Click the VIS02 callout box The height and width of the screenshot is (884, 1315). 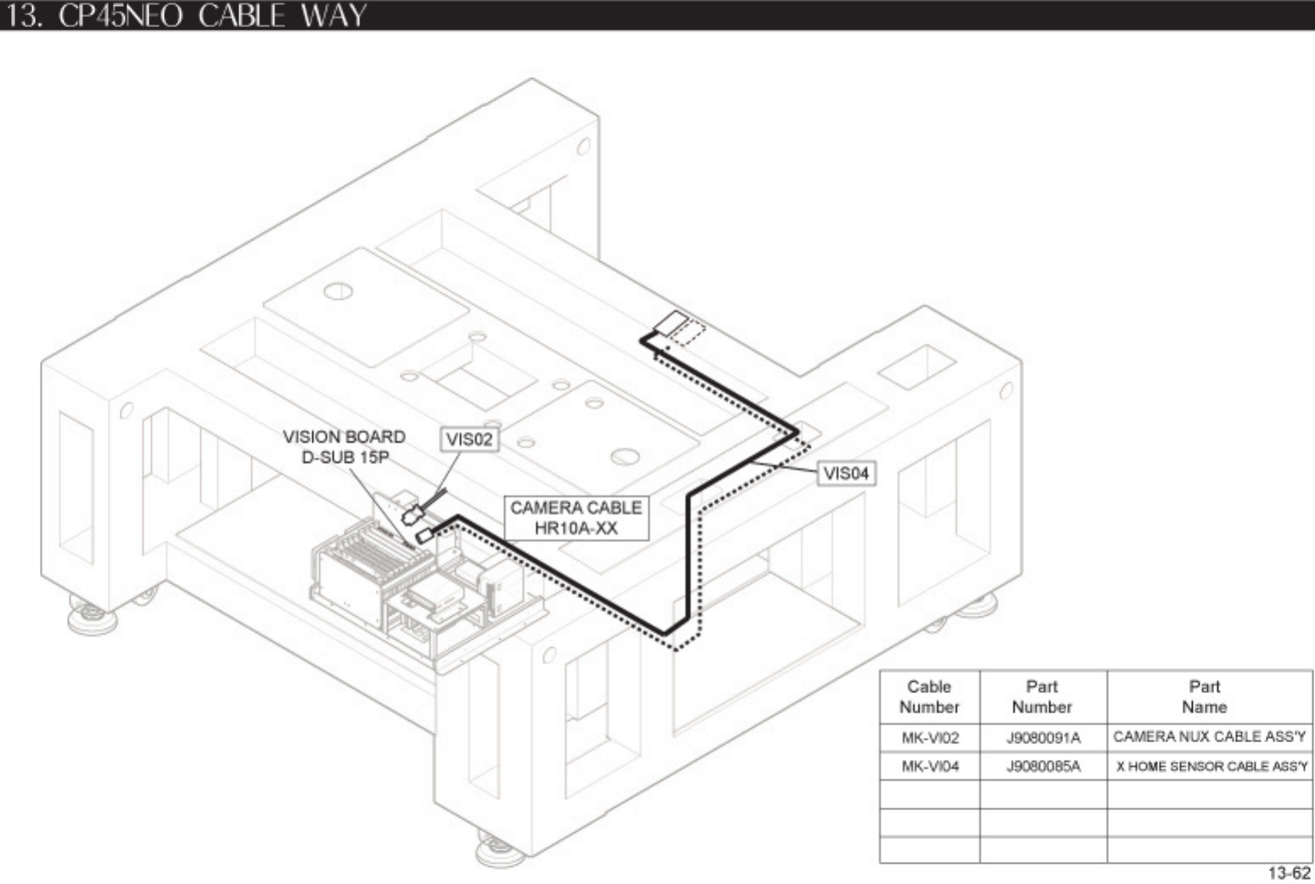coord(469,439)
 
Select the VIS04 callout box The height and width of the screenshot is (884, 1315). coord(845,473)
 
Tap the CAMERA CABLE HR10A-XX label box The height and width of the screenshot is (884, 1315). coord(576,518)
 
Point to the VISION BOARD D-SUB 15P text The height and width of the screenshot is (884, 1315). coord(344,447)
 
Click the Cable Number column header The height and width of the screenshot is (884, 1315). coord(929,697)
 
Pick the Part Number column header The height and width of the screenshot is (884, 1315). coord(1042,697)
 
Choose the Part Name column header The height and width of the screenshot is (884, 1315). coord(1204,697)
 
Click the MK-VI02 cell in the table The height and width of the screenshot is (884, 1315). coord(930,737)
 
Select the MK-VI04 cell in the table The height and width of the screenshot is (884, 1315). coord(930,766)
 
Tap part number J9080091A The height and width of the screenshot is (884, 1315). coord(1043,737)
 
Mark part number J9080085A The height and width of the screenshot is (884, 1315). coord(1043,766)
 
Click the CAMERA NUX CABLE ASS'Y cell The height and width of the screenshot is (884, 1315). coord(1209,736)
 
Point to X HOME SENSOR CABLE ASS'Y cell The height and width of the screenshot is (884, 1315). coord(1211,766)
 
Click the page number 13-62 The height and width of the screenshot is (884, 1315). coord(1289,873)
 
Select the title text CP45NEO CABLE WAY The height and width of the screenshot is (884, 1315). coord(212,15)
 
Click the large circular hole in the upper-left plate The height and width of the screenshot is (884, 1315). coord(338,292)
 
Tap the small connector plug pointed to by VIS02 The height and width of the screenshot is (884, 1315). coord(414,513)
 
